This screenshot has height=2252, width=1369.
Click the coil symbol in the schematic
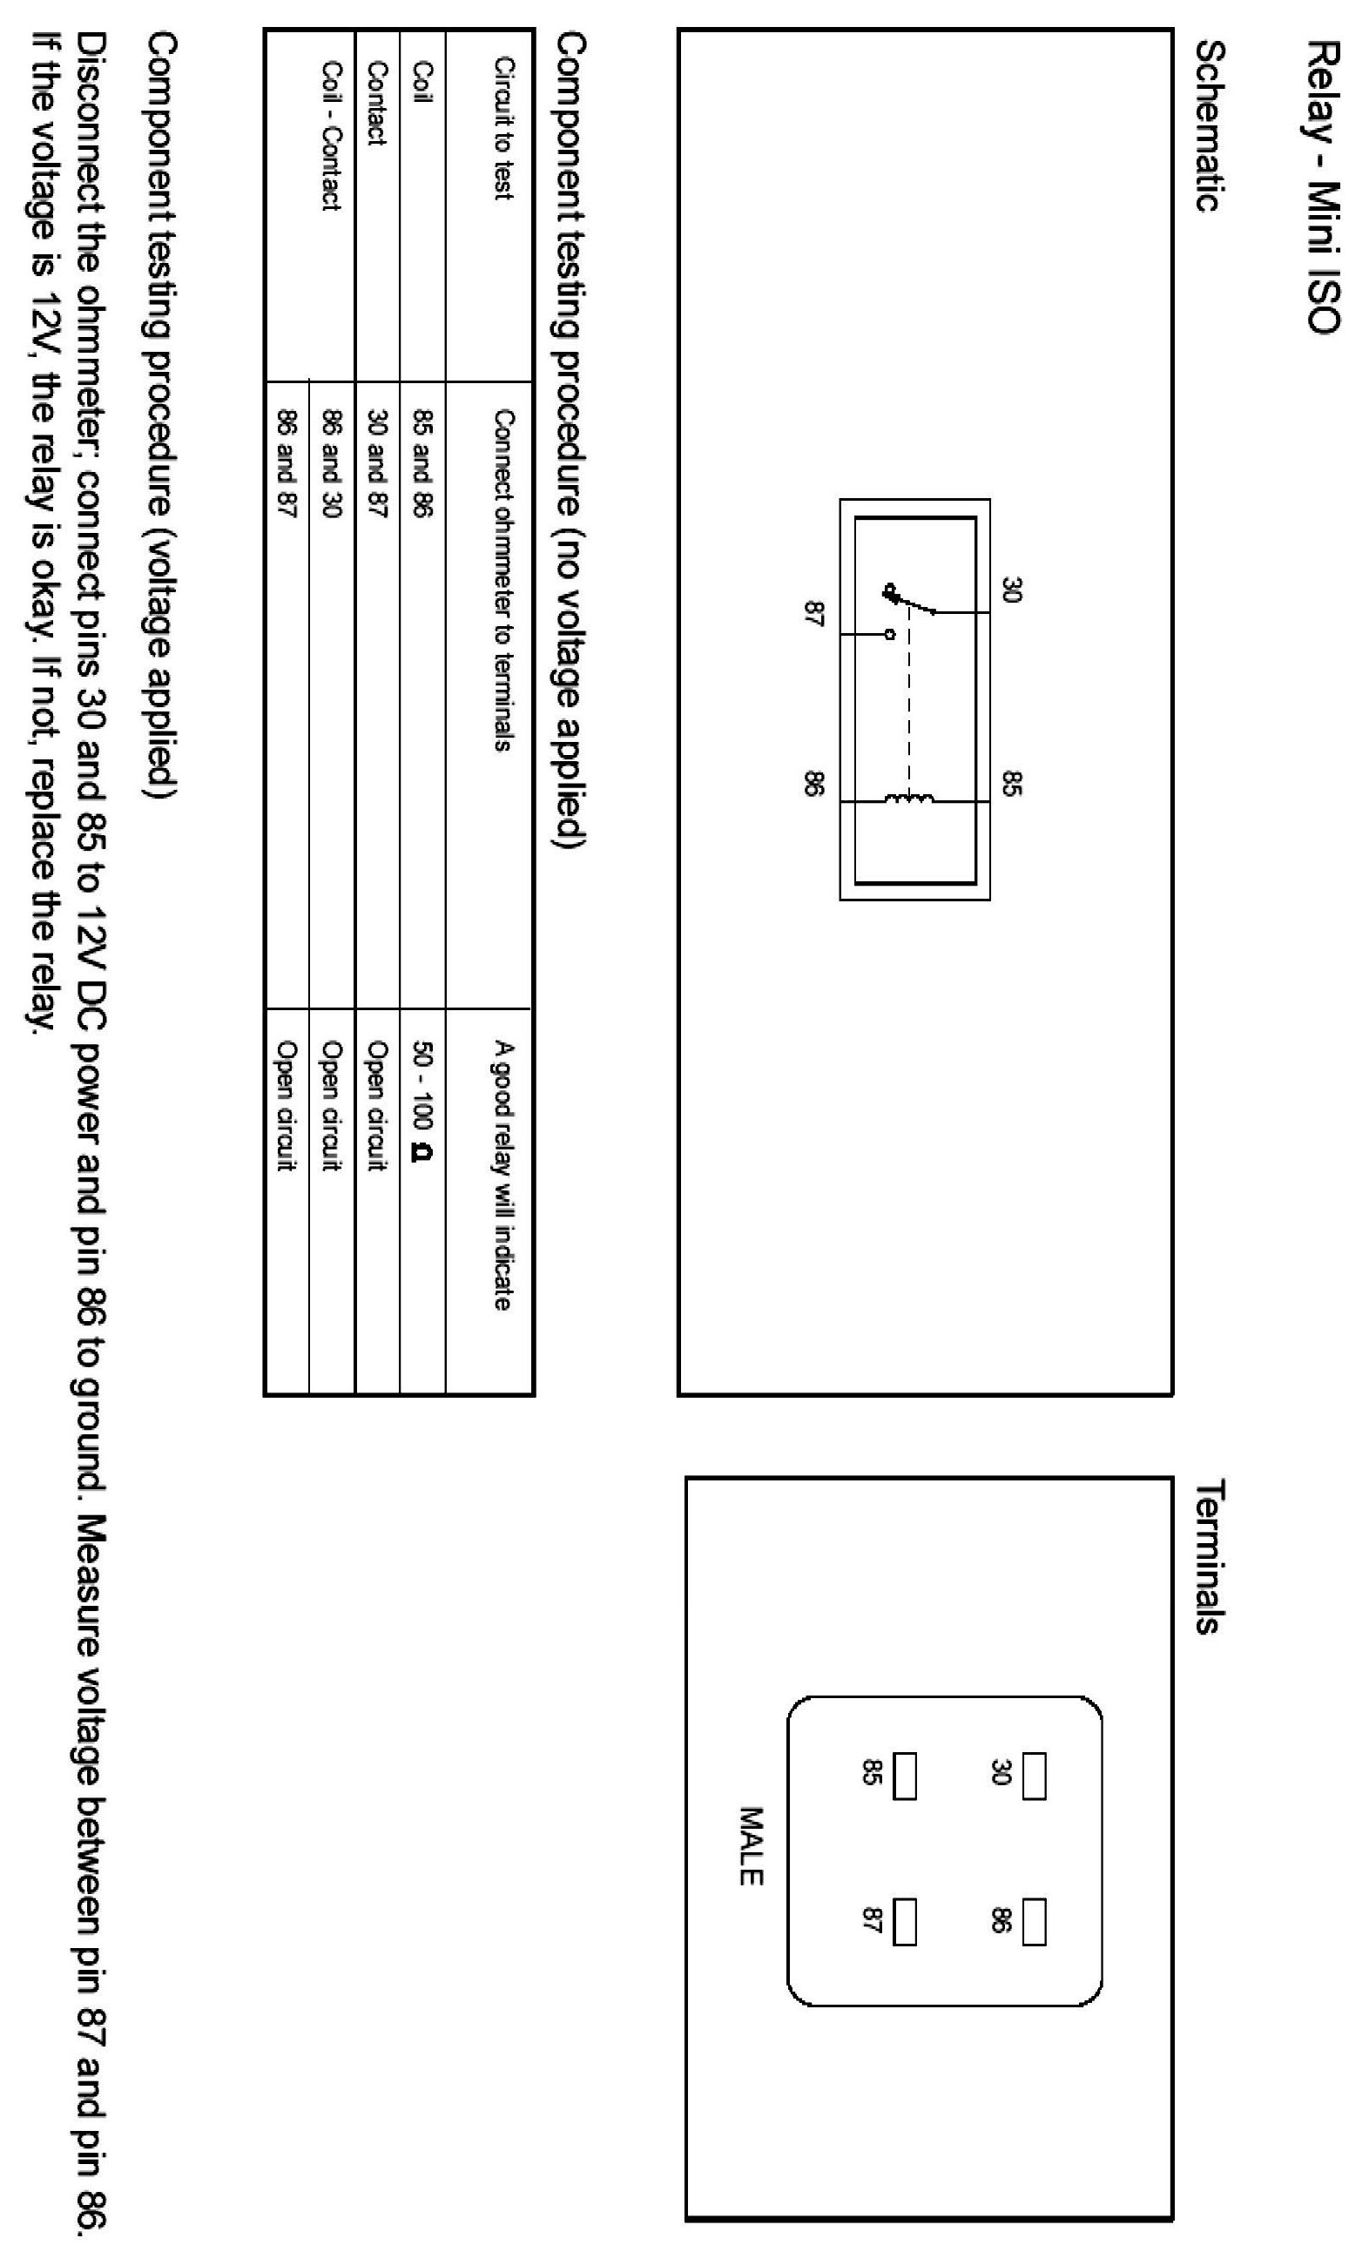pos(909,799)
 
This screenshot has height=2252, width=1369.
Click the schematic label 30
pos(1010,589)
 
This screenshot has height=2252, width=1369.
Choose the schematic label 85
pos(1010,783)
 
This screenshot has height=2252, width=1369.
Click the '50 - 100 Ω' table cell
pos(422,1097)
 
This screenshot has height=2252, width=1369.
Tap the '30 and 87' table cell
pos(376,463)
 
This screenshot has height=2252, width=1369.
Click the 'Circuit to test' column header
pos(503,128)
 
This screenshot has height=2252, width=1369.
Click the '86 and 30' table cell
pos(331,463)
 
